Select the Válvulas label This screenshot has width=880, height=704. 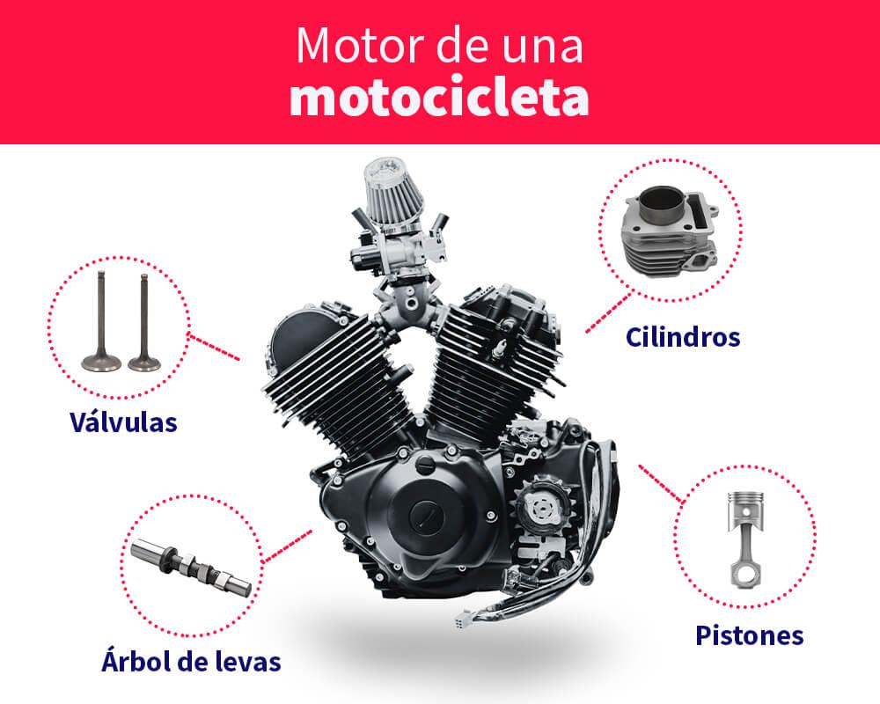tap(123, 422)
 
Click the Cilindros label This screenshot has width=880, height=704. tap(683, 337)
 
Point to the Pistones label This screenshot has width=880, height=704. tap(749, 635)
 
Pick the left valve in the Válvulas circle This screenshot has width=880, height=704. tap(101, 322)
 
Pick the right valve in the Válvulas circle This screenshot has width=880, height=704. tap(144, 323)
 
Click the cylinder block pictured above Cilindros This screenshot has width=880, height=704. tap(670, 231)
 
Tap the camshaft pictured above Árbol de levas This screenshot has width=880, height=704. tap(191, 567)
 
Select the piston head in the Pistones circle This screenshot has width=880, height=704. tap(745, 511)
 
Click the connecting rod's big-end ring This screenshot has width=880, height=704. tap(746, 575)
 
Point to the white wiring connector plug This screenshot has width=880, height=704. tap(464, 618)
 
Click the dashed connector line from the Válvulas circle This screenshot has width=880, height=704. tap(215, 348)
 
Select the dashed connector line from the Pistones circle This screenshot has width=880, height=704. tap(661, 483)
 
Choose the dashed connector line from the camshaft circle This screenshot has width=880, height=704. tap(287, 545)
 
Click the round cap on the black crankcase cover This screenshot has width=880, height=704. tap(426, 514)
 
